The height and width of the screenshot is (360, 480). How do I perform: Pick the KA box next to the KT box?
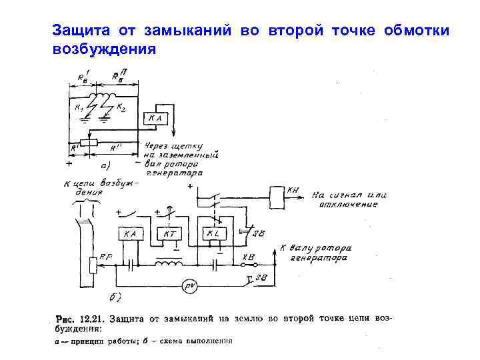pyautogui.click(x=130, y=234)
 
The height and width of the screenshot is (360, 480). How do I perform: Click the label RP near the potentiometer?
pyautogui.click(x=105, y=256)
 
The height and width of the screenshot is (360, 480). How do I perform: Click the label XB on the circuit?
pyautogui.click(x=249, y=255)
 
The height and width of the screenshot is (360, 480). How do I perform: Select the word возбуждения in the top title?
pyautogui.click(x=103, y=49)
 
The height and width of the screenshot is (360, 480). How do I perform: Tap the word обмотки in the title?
pyautogui.click(x=417, y=31)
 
